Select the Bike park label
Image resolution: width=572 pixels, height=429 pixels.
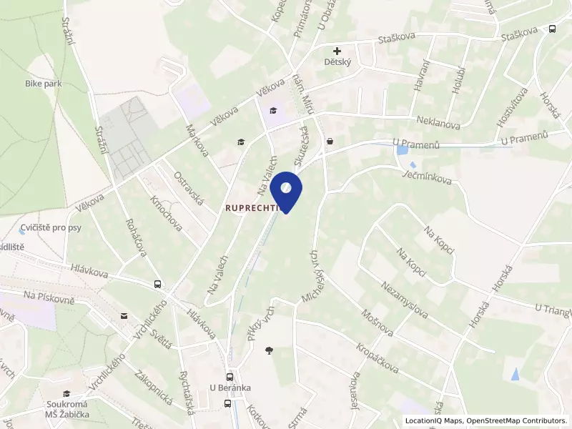point(43,84)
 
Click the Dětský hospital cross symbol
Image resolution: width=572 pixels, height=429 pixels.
point(337,51)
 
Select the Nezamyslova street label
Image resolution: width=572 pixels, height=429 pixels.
point(405,299)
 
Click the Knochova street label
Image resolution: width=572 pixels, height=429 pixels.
point(166,212)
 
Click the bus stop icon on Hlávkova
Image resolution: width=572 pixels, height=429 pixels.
point(157,284)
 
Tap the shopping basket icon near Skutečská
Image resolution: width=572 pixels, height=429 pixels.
point(329,142)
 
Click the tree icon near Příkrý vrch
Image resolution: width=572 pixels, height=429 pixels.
point(269,350)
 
